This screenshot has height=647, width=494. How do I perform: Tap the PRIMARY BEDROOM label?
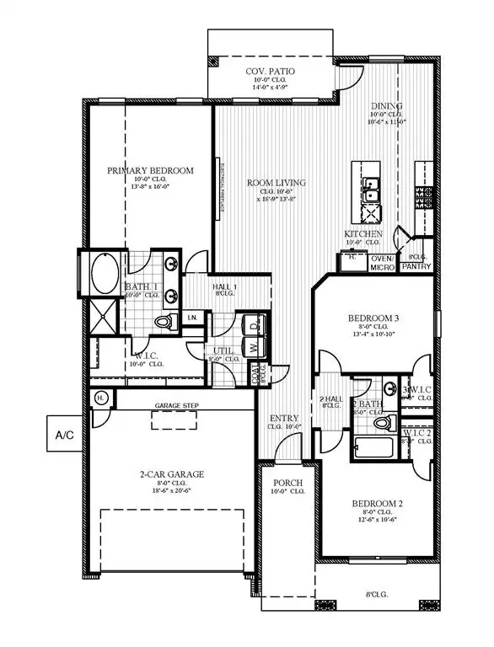tap(150, 171)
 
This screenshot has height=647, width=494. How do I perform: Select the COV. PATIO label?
tap(269, 72)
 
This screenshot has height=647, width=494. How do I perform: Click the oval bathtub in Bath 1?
tap(104, 273)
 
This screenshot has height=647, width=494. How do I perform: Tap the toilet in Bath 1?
tap(165, 322)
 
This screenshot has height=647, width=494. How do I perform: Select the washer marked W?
tap(254, 346)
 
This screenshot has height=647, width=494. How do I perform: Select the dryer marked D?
tap(254, 324)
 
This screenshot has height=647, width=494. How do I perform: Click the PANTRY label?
tap(416, 267)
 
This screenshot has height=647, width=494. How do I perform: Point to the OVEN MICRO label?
tap(383, 263)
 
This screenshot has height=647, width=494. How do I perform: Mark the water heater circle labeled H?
tap(99, 398)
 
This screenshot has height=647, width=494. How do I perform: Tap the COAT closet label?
tap(256, 376)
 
